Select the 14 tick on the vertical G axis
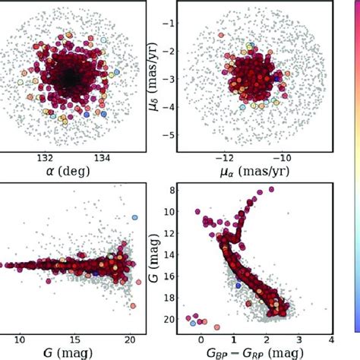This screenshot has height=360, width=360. [x=173, y=254]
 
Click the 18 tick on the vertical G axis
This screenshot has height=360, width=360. [x=173, y=298]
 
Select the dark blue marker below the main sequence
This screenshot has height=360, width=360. [x=238, y=286]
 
